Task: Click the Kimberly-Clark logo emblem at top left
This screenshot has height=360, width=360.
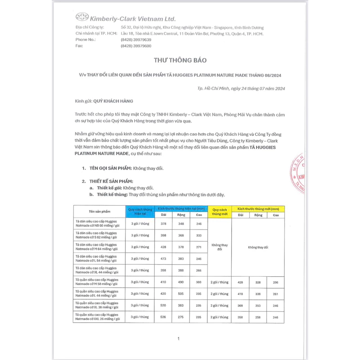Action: tap(82, 17)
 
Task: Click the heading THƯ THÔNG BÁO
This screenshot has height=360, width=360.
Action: tap(180, 60)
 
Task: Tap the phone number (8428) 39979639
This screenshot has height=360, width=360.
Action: tap(136, 40)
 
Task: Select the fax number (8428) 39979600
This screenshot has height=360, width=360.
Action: tap(136, 46)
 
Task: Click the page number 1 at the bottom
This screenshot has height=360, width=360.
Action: tap(179, 338)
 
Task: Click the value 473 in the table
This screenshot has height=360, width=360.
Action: tap(164, 258)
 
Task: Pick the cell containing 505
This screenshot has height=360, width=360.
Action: tap(181, 293)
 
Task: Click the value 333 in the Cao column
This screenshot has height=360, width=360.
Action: tap(198, 235)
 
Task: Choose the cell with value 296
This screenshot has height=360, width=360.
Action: tap(275, 282)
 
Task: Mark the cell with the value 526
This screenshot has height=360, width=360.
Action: tap(164, 317)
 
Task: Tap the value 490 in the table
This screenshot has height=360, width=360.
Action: tap(181, 282)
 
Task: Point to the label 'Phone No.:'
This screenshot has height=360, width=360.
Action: tap(86, 40)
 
